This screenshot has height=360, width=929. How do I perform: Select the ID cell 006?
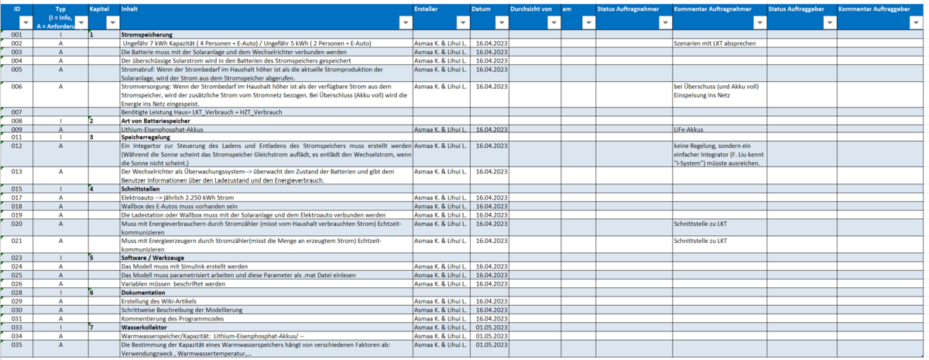(x=16, y=87)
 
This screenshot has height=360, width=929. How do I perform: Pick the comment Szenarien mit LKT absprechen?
(x=715, y=43)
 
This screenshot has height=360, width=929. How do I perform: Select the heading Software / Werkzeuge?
(x=153, y=258)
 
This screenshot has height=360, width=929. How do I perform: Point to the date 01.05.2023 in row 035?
(x=492, y=345)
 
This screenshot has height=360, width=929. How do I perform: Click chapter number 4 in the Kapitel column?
(x=91, y=188)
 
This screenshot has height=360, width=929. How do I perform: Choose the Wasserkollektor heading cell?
(x=145, y=327)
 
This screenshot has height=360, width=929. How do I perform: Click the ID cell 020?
(x=16, y=223)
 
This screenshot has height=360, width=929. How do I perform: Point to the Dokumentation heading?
(x=143, y=293)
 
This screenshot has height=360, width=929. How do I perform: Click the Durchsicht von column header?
(x=531, y=9)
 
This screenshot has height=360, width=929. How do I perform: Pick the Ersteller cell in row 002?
(x=440, y=43)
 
